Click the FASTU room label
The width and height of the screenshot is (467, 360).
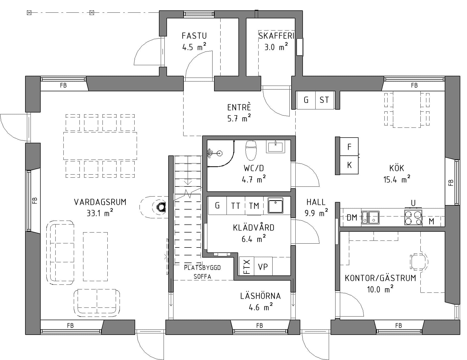pyautogui.click(x=194, y=36)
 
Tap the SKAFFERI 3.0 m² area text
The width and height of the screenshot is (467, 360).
pyautogui.click(x=276, y=47)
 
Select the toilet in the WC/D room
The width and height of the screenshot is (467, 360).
pyautogui.click(x=250, y=150)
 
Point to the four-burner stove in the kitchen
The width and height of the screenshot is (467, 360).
pyautogui.click(x=413, y=217)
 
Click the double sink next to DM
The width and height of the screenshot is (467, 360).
pyautogui.click(x=370, y=217)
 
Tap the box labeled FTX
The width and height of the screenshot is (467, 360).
pyautogui.click(x=247, y=266)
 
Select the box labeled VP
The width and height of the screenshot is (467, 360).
pyautogui.click(x=263, y=266)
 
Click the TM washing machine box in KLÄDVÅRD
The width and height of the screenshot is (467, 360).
pyautogui.click(x=254, y=206)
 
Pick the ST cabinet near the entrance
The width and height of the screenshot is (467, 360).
pyautogui.click(x=324, y=100)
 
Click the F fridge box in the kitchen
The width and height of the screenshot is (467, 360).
pyautogui.click(x=349, y=147)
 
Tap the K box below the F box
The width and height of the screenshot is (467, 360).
pyautogui.click(x=349, y=165)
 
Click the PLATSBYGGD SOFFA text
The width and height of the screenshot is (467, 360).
pyautogui.click(x=202, y=272)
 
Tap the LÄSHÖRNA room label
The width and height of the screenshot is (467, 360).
pyautogui.click(x=260, y=296)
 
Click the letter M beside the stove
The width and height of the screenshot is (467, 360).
pyautogui.click(x=431, y=221)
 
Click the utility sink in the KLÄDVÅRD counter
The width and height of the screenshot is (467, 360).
pyautogui.click(x=275, y=206)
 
